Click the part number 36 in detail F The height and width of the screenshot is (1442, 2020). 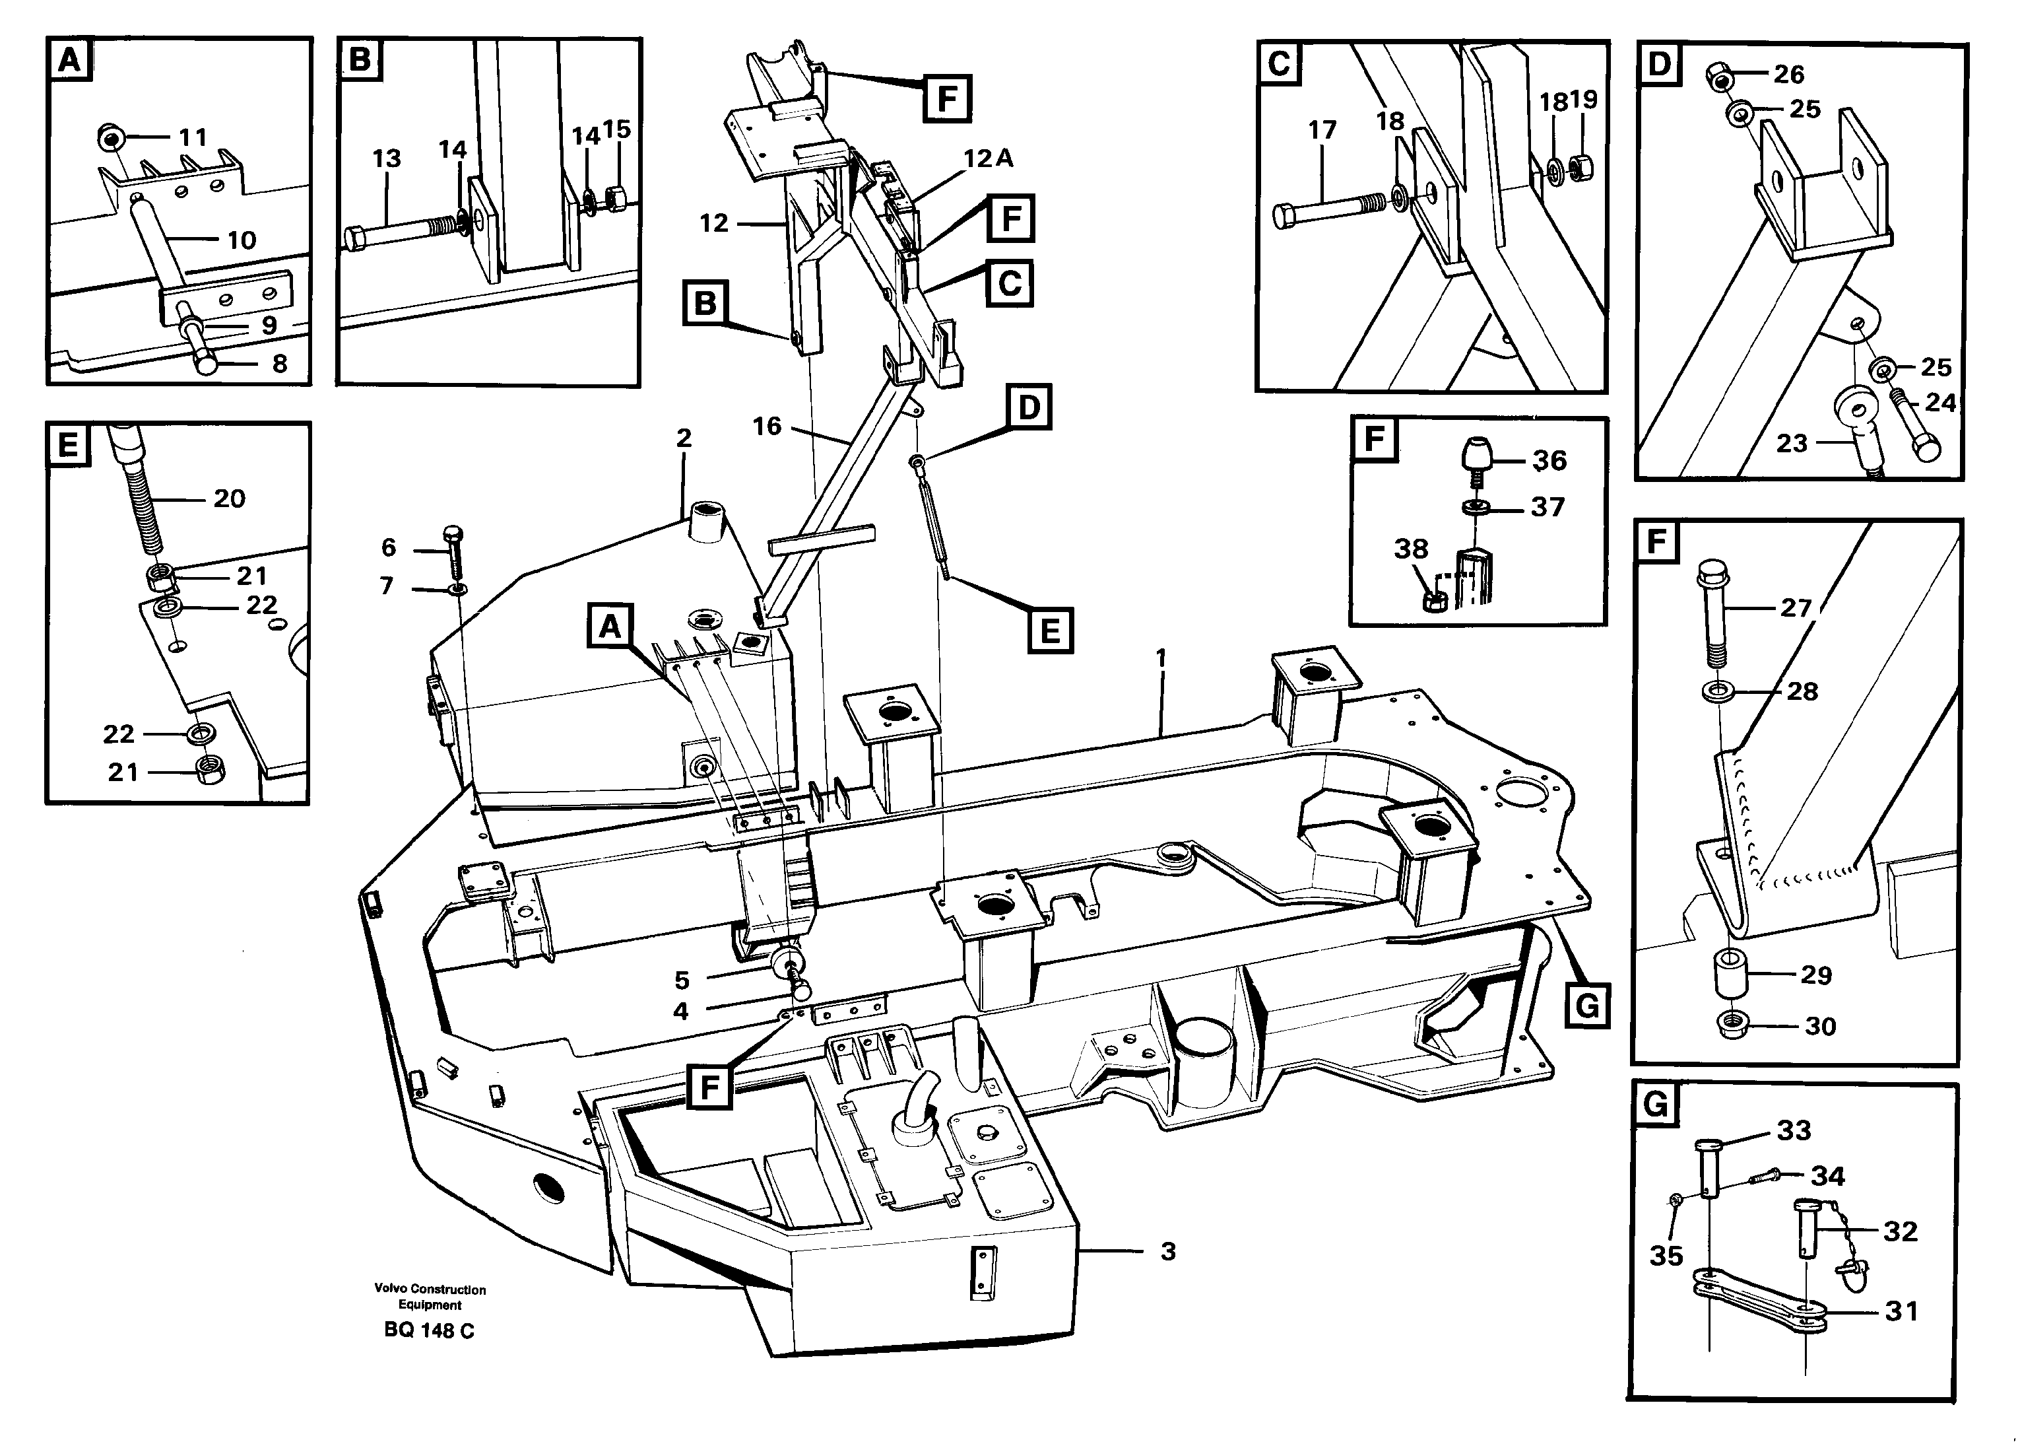point(1549,460)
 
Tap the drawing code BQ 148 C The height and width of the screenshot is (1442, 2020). point(429,1330)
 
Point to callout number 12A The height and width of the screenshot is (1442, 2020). point(988,158)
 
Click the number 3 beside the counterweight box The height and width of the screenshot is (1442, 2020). point(1168,1251)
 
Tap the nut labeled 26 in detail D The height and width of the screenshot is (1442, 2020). point(1721,77)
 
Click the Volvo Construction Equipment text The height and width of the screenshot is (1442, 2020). point(430,1296)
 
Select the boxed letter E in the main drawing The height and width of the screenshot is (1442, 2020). point(1050,631)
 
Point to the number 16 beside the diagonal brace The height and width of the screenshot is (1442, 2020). point(767,427)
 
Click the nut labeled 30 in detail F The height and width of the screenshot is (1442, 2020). point(1732,1025)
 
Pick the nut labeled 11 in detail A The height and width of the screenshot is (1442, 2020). point(111,139)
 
